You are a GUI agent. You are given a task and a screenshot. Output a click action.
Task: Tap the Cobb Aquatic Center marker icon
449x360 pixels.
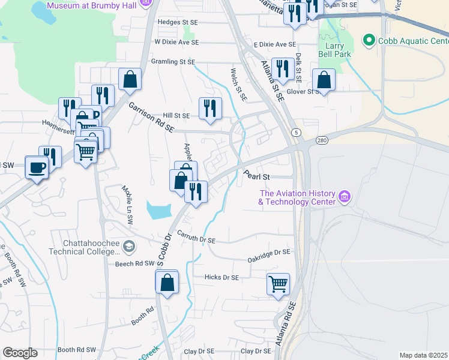pyautogui.click(x=368, y=41)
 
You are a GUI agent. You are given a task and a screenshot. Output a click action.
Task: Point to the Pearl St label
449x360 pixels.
pyautogui.click(x=257, y=177)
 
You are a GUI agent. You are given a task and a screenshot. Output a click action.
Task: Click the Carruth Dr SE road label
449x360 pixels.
pyautogui.click(x=195, y=239)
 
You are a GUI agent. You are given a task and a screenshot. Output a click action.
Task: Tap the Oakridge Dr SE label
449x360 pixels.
pyautogui.click(x=269, y=253)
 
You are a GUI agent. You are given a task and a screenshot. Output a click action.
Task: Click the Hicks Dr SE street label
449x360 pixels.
pyautogui.click(x=221, y=278)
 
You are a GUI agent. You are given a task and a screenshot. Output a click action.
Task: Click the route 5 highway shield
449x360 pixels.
pyautogui.click(x=296, y=131)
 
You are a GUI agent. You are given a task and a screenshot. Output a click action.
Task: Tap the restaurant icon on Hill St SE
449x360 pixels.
pyautogui.click(x=210, y=107)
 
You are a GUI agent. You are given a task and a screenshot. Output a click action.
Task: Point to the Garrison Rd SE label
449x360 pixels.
pyautogui.click(x=151, y=116)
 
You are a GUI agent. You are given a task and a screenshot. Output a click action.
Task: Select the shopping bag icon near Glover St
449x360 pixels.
pyautogui.click(x=324, y=79)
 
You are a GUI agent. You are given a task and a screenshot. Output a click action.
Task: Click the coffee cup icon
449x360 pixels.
pyautogui.click(x=37, y=166)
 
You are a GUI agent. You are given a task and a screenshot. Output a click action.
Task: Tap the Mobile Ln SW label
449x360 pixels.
pyautogui.click(x=128, y=205)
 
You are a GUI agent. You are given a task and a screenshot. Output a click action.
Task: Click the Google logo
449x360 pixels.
pyautogui.click(x=20, y=353)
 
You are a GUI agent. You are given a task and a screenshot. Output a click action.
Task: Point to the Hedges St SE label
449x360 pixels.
pyautogui.click(x=177, y=22)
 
